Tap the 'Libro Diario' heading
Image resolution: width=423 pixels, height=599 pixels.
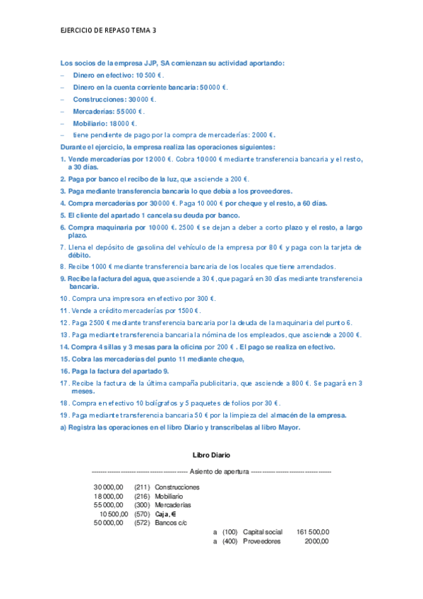[211, 455]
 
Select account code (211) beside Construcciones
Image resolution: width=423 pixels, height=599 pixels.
[142, 487]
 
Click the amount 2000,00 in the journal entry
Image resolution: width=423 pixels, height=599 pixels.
[316, 541]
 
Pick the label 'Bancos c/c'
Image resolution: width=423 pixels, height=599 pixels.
[171, 523]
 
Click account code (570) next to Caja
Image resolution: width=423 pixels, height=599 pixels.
[142, 514]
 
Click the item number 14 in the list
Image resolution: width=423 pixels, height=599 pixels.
[64, 347]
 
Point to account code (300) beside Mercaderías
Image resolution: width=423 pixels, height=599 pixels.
[142, 505]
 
